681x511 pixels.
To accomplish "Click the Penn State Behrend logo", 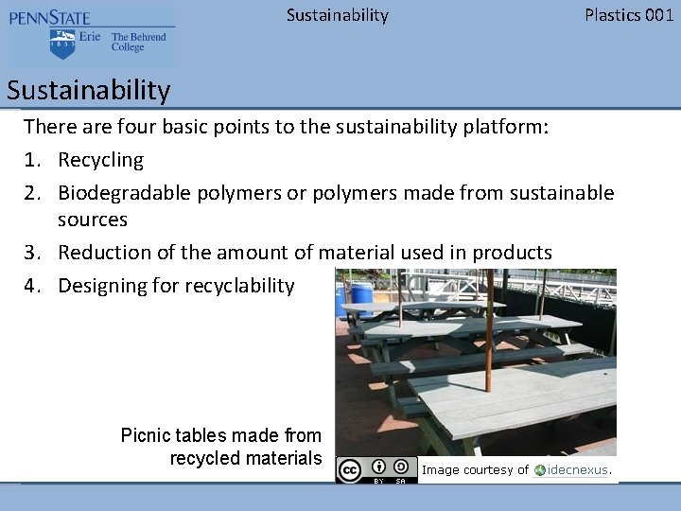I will coord(91,36).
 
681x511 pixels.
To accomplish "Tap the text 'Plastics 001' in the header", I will coord(629,15).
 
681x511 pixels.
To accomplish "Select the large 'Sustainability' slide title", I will coord(88,91).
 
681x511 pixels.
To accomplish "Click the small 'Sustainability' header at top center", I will coord(337,15).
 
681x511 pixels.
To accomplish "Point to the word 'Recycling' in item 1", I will coord(100,160).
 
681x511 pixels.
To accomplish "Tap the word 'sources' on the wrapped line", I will coord(92,220).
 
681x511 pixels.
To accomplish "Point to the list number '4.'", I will coord(33,286).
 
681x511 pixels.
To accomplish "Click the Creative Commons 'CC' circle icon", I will coord(350,470).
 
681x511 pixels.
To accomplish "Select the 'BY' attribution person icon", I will coord(378,467).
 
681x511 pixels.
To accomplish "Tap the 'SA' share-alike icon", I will coord(401,467).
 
